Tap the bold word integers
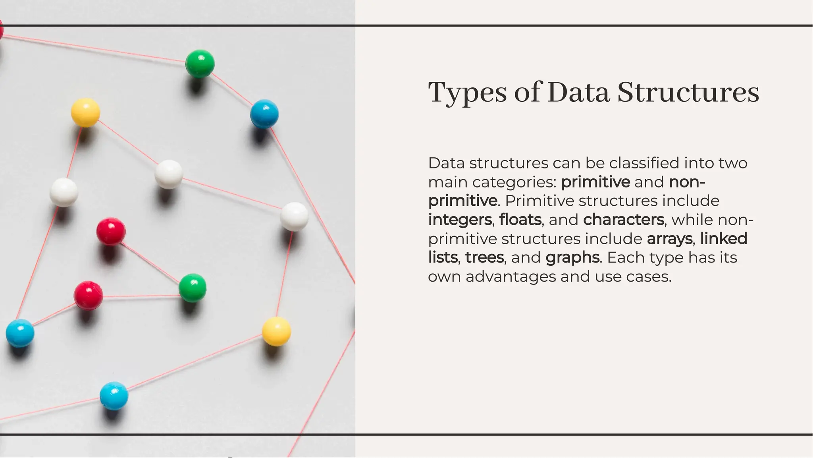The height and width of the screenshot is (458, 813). coord(460,220)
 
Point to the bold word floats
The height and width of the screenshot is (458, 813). coord(520,220)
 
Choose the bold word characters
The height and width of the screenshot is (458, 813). coord(623,220)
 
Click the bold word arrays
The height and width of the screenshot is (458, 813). coord(670,239)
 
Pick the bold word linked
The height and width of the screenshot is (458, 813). coord(724,239)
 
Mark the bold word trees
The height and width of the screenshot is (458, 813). coord(484,257)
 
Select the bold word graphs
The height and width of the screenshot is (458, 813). coord(572,258)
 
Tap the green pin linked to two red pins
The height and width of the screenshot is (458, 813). coord(193,288)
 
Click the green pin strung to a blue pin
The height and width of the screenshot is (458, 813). coord(200,64)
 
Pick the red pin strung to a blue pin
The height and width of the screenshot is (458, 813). coord(88,296)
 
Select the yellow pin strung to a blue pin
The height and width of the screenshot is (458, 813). coord(276,331)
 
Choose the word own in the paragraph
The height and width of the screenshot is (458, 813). coord(444,277)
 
